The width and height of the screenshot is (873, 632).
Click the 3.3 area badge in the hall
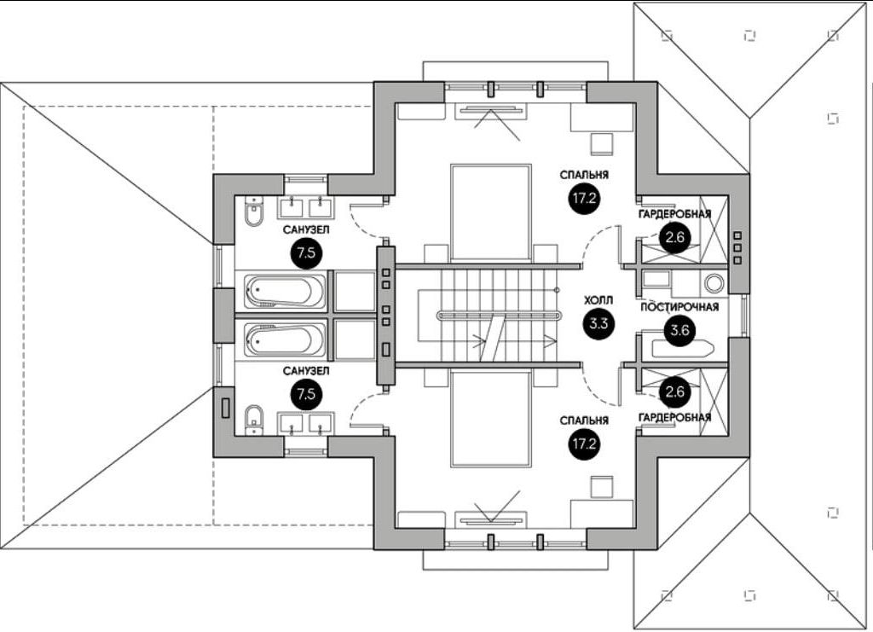pyautogui.click(x=597, y=323)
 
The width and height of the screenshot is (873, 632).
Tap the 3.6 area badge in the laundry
pyautogui.click(x=679, y=332)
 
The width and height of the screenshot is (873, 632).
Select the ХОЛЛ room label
pyautogui.click(x=596, y=301)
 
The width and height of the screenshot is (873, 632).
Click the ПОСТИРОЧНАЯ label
pyautogui.click(x=680, y=308)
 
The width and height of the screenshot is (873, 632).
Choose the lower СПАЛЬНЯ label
pyautogui.click(x=584, y=420)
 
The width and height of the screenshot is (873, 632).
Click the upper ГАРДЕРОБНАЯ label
pyautogui.click(x=675, y=213)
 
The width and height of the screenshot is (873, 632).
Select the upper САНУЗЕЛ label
pyautogui.click(x=307, y=230)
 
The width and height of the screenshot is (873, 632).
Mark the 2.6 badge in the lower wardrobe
pyautogui.click(x=674, y=392)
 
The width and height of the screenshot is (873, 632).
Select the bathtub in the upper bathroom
pyautogui.click(x=285, y=292)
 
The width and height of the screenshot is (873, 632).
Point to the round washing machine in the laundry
pyautogui.click(x=713, y=282)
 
